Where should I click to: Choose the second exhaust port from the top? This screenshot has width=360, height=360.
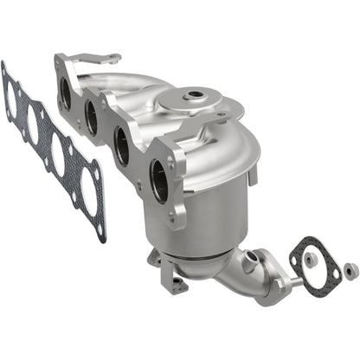click(92, 119)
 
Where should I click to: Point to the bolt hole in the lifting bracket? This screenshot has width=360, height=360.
click(111, 58)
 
